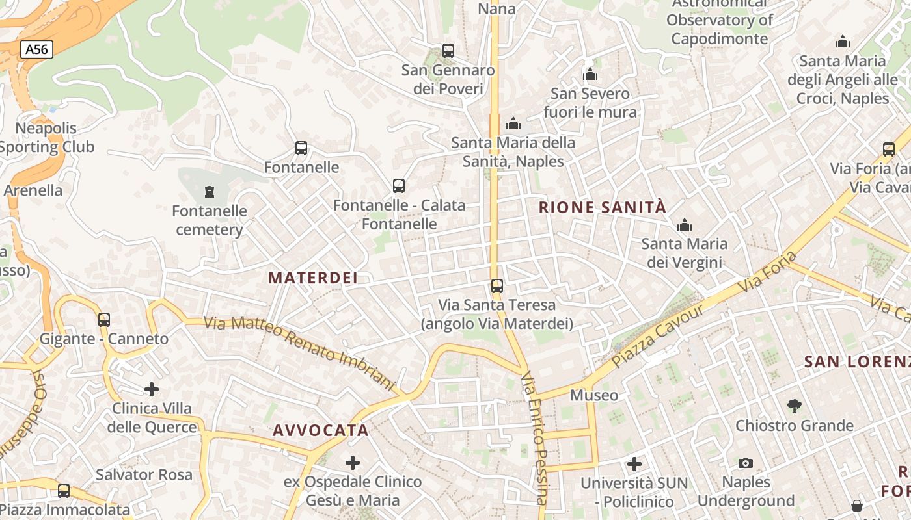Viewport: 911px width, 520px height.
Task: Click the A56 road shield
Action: pyautogui.click(x=36, y=49)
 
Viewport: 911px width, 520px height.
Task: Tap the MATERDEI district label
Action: pyautogui.click(x=313, y=278)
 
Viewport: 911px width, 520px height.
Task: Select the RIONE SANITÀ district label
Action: pyautogui.click(x=603, y=207)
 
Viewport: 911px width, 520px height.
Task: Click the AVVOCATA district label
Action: pyautogui.click(x=321, y=430)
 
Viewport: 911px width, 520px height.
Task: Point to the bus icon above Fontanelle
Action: pyautogui.click(x=301, y=148)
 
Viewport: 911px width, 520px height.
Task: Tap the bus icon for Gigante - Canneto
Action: pyautogui.click(x=104, y=320)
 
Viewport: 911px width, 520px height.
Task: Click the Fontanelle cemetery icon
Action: pyautogui.click(x=210, y=192)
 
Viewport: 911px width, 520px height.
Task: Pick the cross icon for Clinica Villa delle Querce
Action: pyautogui.click(x=152, y=389)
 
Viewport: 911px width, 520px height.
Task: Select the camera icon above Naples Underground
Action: pyautogui.click(x=746, y=463)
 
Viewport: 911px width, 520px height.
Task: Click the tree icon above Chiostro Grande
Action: pyautogui.click(x=794, y=406)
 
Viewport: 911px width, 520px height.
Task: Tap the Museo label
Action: pyautogui.click(x=594, y=395)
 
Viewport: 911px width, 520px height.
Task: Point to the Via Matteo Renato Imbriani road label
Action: pyautogui.click(x=299, y=354)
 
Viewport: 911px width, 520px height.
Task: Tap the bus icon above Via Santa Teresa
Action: pyautogui.click(x=497, y=285)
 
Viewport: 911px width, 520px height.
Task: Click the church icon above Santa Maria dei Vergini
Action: pyautogui.click(x=685, y=226)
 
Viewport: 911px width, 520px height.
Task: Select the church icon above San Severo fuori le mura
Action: pyautogui.click(x=590, y=74)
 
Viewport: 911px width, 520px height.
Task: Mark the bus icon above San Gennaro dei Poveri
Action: pyautogui.click(x=448, y=50)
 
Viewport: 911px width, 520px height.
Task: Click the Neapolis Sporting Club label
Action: pyautogui.click(x=46, y=138)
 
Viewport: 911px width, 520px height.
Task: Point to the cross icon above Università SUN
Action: pyautogui.click(x=634, y=464)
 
